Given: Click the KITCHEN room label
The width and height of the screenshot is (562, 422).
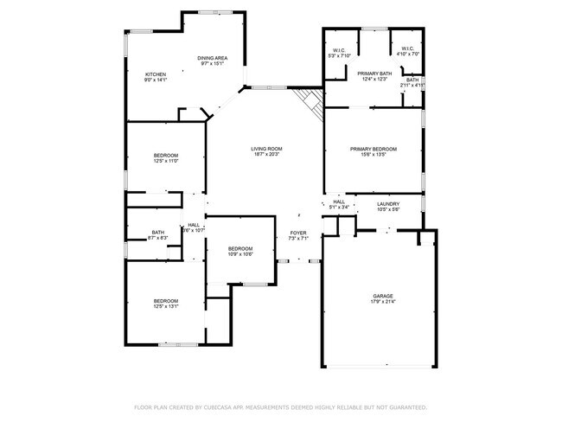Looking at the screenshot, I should (x=156, y=74).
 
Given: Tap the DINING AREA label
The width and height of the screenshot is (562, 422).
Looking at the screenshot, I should (x=212, y=57).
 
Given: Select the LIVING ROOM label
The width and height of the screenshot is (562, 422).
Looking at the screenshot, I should (x=266, y=149).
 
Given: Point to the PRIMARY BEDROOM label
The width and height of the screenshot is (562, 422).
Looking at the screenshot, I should (x=374, y=149).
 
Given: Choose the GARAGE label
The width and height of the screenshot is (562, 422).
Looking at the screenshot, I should (x=383, y=296).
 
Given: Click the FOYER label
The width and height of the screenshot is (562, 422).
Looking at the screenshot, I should (x=297, y=233).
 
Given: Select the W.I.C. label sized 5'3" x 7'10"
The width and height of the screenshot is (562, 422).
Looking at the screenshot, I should (x=337, y=49).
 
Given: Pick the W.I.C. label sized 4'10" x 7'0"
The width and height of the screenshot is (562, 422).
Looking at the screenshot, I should (x=406, y=49).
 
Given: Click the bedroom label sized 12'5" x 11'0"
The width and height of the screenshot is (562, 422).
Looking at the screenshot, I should (x=165, y=155).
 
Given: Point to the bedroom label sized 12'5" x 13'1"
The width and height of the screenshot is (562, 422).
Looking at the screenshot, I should (x=165, y=301).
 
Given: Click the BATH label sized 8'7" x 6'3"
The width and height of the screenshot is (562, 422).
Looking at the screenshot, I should (x=158, y=232).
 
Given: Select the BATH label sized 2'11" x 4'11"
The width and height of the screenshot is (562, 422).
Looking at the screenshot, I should (x=412, y=80).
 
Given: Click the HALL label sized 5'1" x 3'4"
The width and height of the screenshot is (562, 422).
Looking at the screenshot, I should (x=339, y=202).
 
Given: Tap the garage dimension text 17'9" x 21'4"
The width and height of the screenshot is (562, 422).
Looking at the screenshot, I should (x=383, y=302).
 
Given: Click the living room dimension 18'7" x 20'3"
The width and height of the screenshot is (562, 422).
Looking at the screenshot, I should (x=266, y=155).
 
